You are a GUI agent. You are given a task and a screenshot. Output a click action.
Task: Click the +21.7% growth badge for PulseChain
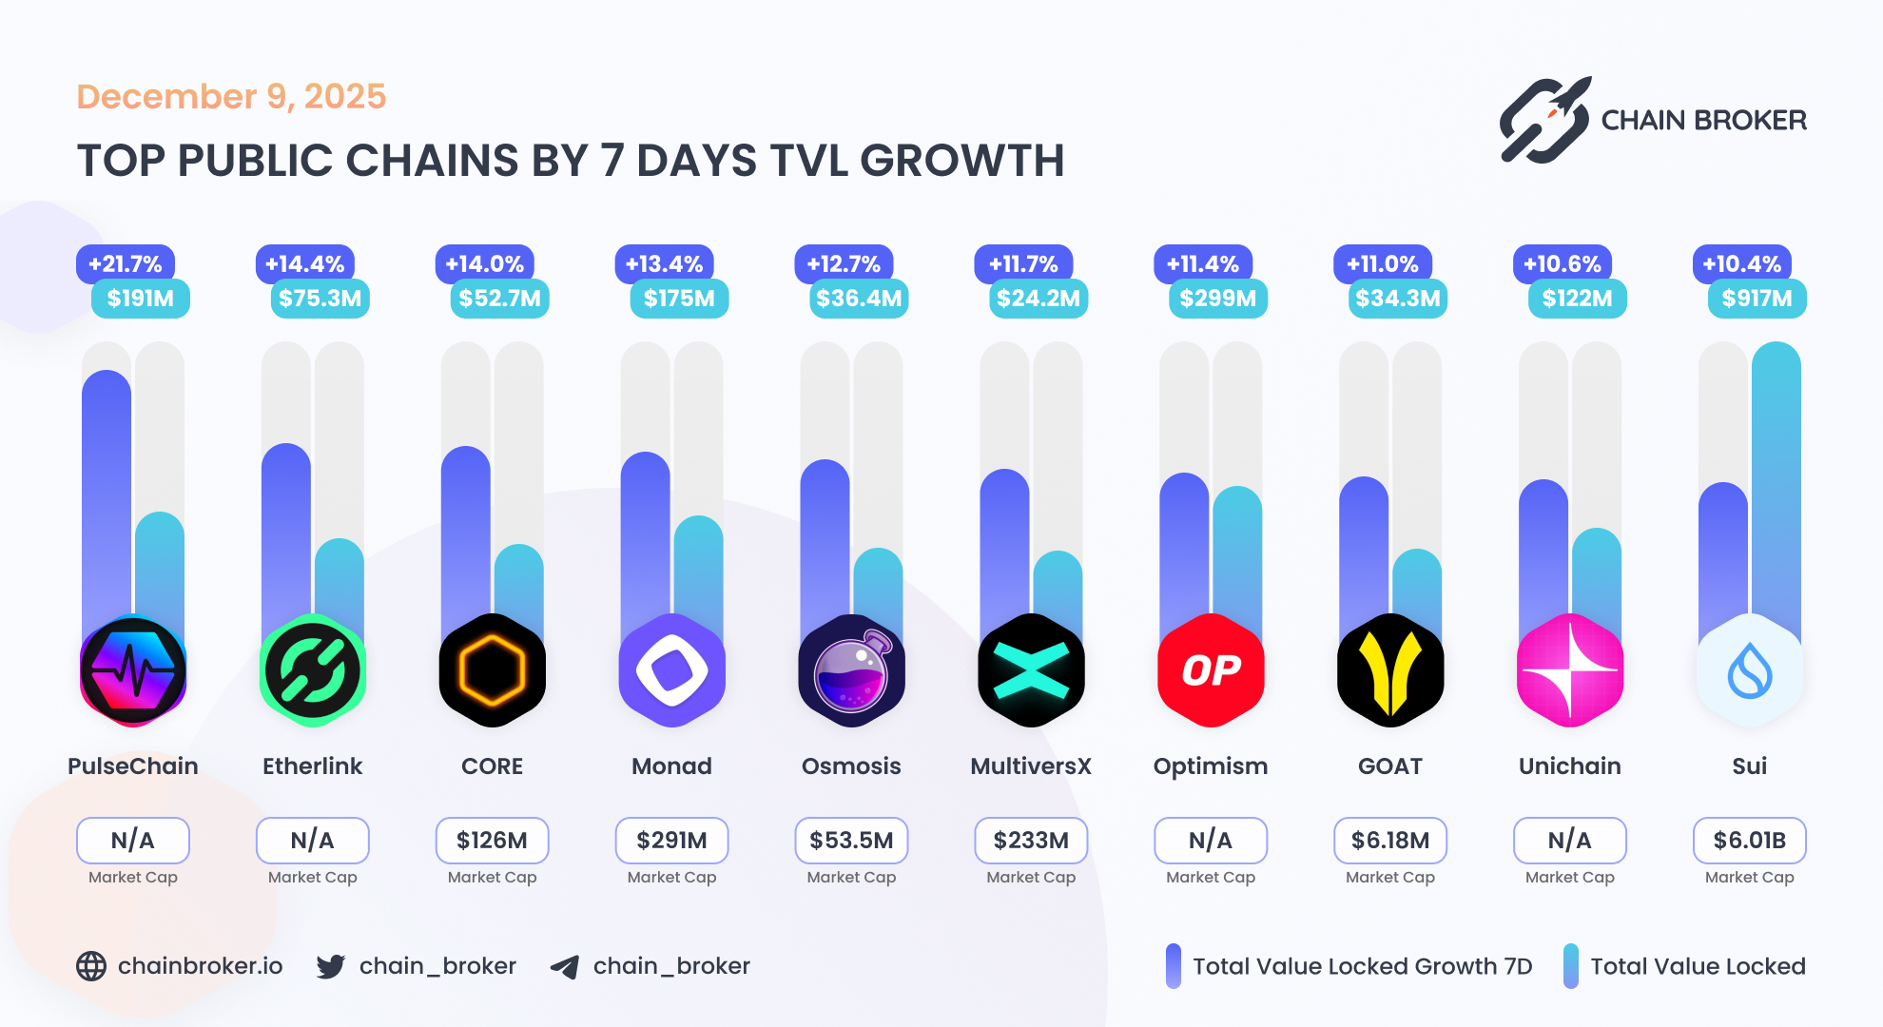(125, 264)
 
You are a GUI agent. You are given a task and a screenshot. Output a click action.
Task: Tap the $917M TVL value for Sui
(1756, 299)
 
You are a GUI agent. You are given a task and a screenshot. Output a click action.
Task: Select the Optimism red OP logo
(1211, 670)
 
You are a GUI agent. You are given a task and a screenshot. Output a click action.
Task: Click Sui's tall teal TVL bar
(1776, 475)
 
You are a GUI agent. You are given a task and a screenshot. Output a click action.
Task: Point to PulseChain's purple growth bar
(107, 494)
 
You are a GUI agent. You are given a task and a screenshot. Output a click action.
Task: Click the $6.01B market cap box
(1749, 841)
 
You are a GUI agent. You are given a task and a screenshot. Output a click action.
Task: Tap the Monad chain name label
(671, 766)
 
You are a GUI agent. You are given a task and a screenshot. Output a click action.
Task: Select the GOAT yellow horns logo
(1390, 670)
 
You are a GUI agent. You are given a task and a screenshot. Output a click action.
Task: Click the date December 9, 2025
(231, 97)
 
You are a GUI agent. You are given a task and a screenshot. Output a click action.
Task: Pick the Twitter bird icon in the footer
(331, 967)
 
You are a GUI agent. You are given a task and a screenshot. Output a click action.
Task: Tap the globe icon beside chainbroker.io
(91, 966)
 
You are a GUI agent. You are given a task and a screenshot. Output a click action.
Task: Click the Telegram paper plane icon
(565, 967)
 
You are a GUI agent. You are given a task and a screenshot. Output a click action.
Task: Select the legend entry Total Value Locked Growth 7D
(1361, 967)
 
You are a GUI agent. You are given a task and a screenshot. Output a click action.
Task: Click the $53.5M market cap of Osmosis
(851, 841)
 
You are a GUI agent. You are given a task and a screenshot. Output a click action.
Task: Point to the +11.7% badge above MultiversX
(1023, 264)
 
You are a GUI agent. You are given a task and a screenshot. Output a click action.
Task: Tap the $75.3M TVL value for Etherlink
(320, 299)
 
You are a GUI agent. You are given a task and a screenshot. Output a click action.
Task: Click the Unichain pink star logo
(1570, 670)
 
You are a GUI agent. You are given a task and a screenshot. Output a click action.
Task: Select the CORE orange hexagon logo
(492, 670)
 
